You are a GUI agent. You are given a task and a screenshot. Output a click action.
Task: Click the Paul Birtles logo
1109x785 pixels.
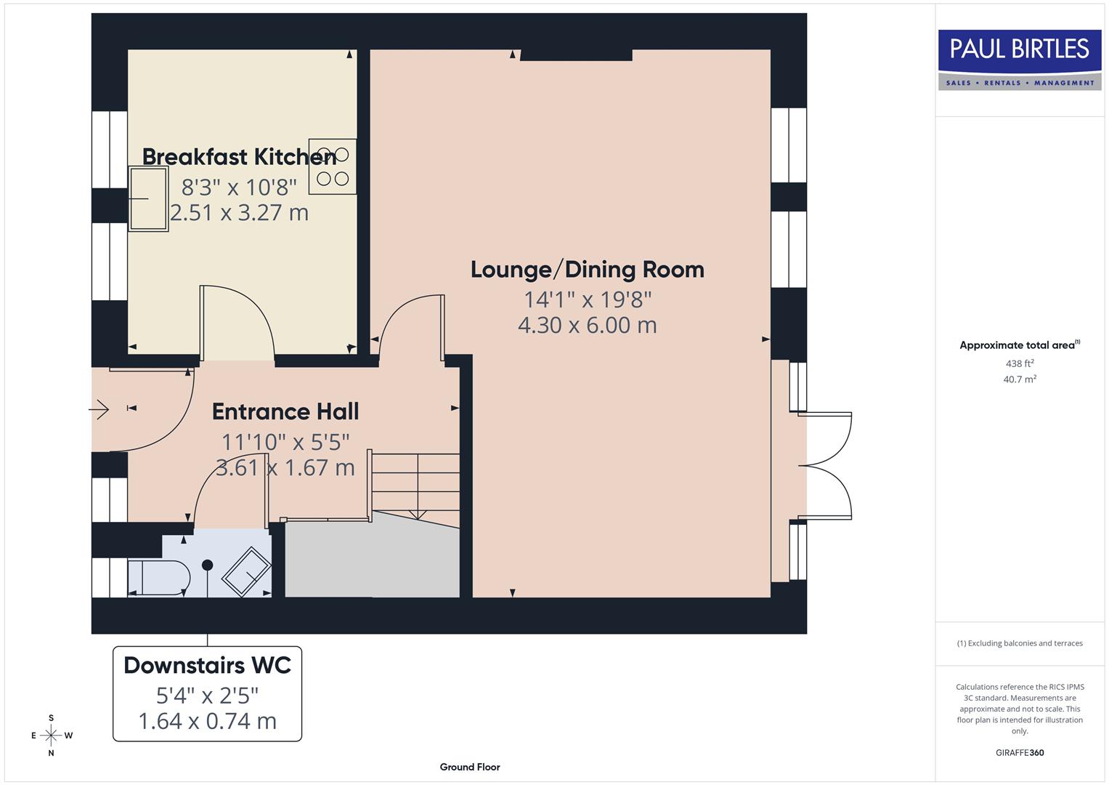[x=1019, y=60]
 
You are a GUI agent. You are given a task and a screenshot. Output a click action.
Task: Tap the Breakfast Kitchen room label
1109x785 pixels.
[x=239, y=156]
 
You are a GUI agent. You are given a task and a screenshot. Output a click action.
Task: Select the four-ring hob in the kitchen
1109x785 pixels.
[x=333, y=166]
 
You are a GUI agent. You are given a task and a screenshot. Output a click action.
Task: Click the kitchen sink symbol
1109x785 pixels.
[x=148, y=198]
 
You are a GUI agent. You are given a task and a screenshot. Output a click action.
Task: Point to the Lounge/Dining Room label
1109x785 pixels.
[x=587, y=269]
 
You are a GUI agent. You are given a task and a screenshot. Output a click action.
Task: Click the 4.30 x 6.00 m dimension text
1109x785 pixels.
[x=587, y=325]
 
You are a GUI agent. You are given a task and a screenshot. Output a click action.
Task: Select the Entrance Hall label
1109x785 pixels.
[x=285, y=411]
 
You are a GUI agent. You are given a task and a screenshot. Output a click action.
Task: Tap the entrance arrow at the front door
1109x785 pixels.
[x=99, y=410]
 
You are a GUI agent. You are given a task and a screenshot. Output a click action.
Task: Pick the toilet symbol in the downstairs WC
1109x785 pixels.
[x=158, y=578]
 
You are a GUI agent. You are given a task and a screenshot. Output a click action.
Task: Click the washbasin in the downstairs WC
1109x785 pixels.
[x=246, y=571]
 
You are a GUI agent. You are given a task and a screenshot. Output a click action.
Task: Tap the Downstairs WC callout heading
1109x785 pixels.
[x=207, y=665]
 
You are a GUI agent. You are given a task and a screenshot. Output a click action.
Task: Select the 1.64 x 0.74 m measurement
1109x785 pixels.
[x=207, y=721]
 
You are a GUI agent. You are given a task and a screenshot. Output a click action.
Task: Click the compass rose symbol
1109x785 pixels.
[x=51, y=736]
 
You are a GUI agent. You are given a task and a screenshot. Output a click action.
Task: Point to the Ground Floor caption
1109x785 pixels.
[x=469, y=767]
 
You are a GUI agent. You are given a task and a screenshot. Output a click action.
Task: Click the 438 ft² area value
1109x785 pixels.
[x=1019, y=363]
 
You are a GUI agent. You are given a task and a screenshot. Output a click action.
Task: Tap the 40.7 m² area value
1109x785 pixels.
[x=1019, y=379]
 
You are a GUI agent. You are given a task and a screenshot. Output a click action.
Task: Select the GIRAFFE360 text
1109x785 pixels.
[x=1019, y=753]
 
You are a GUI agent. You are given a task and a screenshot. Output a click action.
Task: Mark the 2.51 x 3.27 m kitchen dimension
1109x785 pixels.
[x=239, y=213]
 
